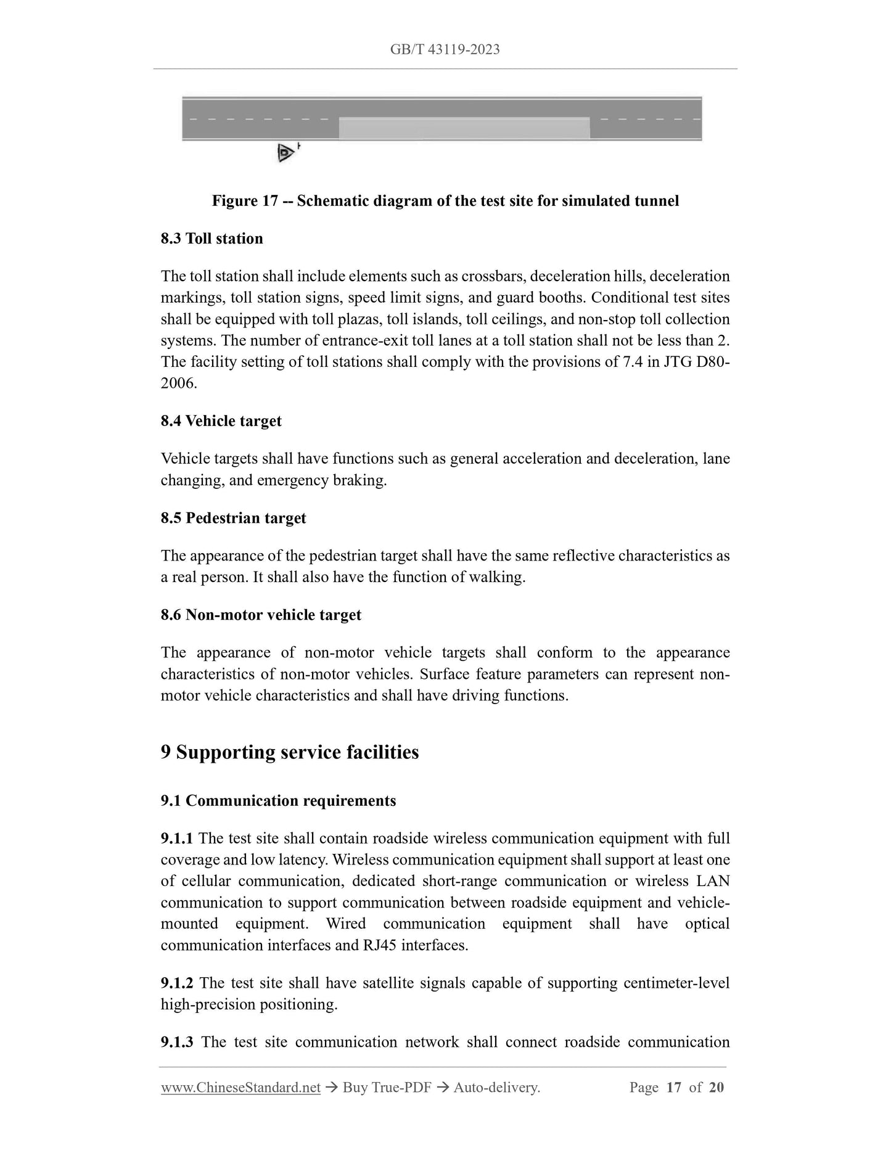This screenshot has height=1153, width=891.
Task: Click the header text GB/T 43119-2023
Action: point(445,49)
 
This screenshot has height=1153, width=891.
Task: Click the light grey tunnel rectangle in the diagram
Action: point(464,128)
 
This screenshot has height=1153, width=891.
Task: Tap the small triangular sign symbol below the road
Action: point(285,152)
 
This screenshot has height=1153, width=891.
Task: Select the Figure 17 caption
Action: point(445,201)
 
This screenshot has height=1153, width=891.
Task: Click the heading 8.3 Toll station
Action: point(211,239)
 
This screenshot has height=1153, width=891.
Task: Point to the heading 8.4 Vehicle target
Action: point(221,421)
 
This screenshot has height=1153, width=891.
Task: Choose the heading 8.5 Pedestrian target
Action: point(233,518)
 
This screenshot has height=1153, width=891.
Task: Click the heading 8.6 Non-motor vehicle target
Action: point(261,615)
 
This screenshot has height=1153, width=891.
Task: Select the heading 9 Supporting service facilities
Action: point(290,752)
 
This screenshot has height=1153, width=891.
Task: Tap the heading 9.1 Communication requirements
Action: point(278,801)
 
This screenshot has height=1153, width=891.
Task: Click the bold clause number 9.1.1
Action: point(177,839)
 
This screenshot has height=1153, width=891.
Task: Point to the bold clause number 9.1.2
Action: point(177,983)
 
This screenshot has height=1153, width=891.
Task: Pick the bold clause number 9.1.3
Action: point(177,1042)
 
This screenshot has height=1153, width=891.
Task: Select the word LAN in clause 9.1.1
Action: point(713,881)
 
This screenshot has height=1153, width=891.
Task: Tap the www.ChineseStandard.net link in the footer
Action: point(240,1088)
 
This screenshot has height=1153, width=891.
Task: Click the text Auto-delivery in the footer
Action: point(496,1088)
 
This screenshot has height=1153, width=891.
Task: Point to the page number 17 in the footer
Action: point(674,1088)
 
